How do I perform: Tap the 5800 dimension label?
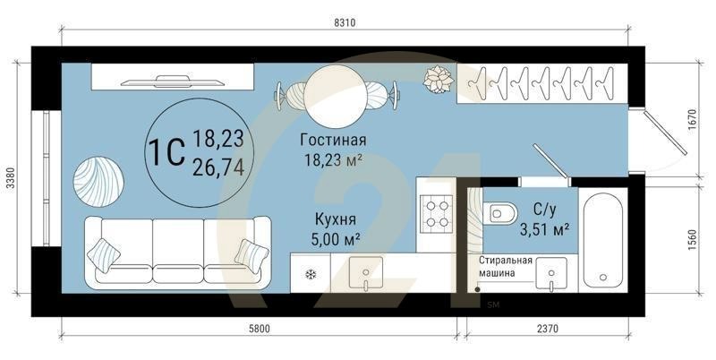(259, 329)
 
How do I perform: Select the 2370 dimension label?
(547, 329)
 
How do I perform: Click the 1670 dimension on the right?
(689, 121)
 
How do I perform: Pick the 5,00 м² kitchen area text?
(336, 239)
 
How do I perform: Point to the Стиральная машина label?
(505, 267)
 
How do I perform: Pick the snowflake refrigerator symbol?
(311, 274)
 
